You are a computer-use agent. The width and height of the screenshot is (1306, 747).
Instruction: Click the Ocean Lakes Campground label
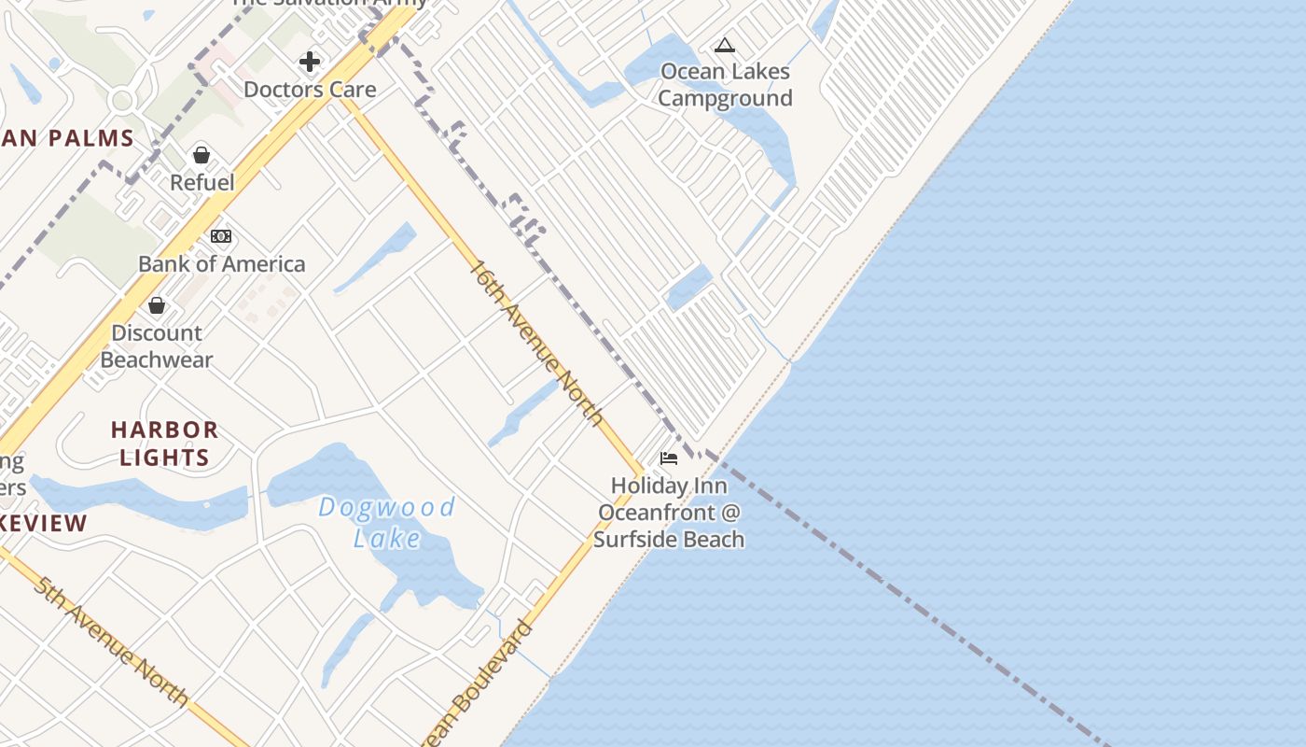tap(725, 85)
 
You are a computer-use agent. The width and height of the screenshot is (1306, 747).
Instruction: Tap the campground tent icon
tap(725, 45)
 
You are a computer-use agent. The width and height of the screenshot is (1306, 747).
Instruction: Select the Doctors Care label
tap(310, 90)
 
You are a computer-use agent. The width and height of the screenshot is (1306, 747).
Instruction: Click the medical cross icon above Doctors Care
tap(310, 63)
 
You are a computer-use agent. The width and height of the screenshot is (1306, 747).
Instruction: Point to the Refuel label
tap(202, 182)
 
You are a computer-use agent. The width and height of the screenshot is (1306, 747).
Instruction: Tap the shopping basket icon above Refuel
tap(201, 155)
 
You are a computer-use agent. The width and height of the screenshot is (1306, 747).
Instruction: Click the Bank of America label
tap(222, 264)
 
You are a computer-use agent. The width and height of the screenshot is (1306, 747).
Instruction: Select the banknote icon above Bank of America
tap(221, 236)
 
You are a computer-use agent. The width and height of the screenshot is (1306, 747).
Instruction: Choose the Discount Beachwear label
tap(157, 346)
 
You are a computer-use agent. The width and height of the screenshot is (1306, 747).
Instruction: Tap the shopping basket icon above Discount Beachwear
tap(157, 305)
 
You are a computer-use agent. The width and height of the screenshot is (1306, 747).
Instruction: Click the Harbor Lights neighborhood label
tap(164, 444)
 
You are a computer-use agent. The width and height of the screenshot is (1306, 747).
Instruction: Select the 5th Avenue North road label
tap(111, 641)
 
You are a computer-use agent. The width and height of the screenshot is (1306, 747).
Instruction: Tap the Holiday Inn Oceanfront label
tap(669, 513)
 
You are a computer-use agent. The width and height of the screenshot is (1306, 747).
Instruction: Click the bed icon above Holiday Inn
tap(669, 458)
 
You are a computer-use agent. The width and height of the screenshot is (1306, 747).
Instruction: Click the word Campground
tap(725, 99)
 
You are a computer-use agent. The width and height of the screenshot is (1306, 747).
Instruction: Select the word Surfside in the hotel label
tap(635, 540)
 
